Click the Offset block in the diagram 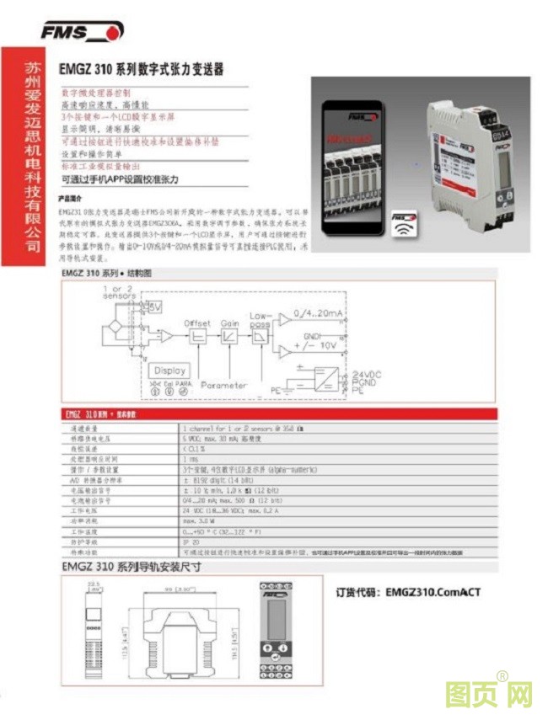[x=197, y=335]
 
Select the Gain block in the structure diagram [x=228, y=335]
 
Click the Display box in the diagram [x=169, y=370]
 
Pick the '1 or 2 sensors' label [x=120, y=292]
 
